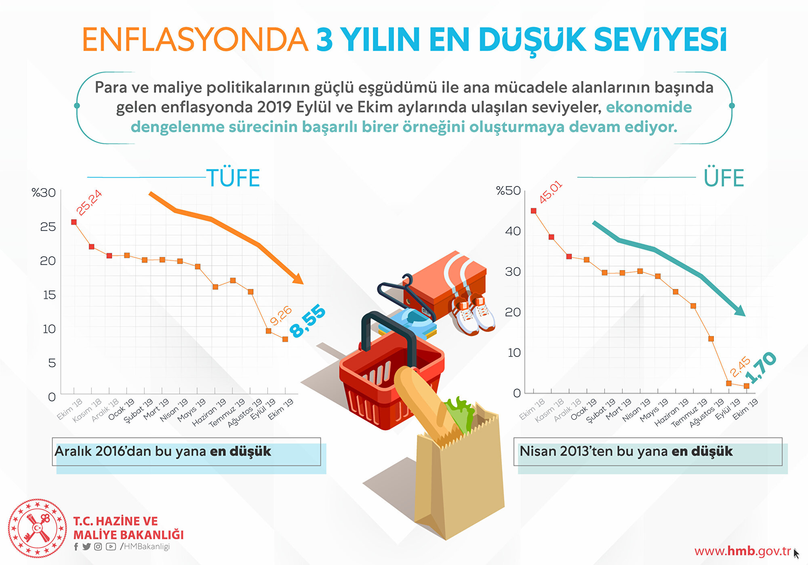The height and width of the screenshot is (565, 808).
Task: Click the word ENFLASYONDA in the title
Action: click(x=196, y=40)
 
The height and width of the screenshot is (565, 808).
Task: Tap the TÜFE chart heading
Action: click(x=233, y=178)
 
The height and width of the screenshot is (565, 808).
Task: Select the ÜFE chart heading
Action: click(x=724, y=178)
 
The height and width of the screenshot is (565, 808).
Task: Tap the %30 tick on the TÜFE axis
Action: click(x=44, y=193)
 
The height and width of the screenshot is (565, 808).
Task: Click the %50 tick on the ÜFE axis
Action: click(x=508, y=190)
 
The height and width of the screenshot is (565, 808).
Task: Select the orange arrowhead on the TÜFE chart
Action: click(x=298, y=278)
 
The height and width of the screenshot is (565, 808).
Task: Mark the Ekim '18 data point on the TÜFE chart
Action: click(x=74, y=222)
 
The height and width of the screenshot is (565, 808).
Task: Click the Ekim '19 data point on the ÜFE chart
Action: click(x=747, y=386)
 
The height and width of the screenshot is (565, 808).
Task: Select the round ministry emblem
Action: click(x=38, y=528)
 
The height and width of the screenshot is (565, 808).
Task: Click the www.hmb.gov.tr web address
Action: click(x=743, y=551)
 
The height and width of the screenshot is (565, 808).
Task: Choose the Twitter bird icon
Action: click(x=86, y=546)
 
